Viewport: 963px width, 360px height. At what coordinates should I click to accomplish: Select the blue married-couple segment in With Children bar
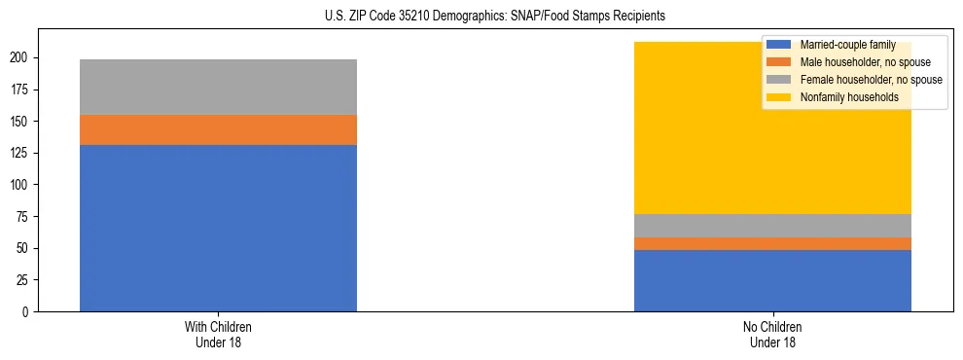(218, 228)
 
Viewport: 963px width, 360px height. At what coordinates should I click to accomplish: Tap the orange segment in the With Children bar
(218, 129)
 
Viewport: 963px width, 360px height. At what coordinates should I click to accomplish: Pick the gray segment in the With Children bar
(218, 87)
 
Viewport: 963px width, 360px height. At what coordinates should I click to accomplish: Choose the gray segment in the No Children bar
(772, 225)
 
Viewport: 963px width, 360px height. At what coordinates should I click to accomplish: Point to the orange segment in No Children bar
(772, 243)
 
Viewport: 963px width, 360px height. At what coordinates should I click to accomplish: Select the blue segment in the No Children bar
(772, 280)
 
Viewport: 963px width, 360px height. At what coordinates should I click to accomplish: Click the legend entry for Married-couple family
(839, 45)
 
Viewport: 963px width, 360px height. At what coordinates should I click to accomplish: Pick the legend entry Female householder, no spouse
(871, 80)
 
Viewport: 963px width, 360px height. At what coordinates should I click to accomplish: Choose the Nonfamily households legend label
(849, 97)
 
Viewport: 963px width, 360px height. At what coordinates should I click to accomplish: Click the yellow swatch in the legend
(779, 97)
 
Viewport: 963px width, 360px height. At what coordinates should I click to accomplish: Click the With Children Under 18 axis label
(218, 334)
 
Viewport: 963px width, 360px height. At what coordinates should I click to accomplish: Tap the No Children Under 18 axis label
(772, 334)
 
